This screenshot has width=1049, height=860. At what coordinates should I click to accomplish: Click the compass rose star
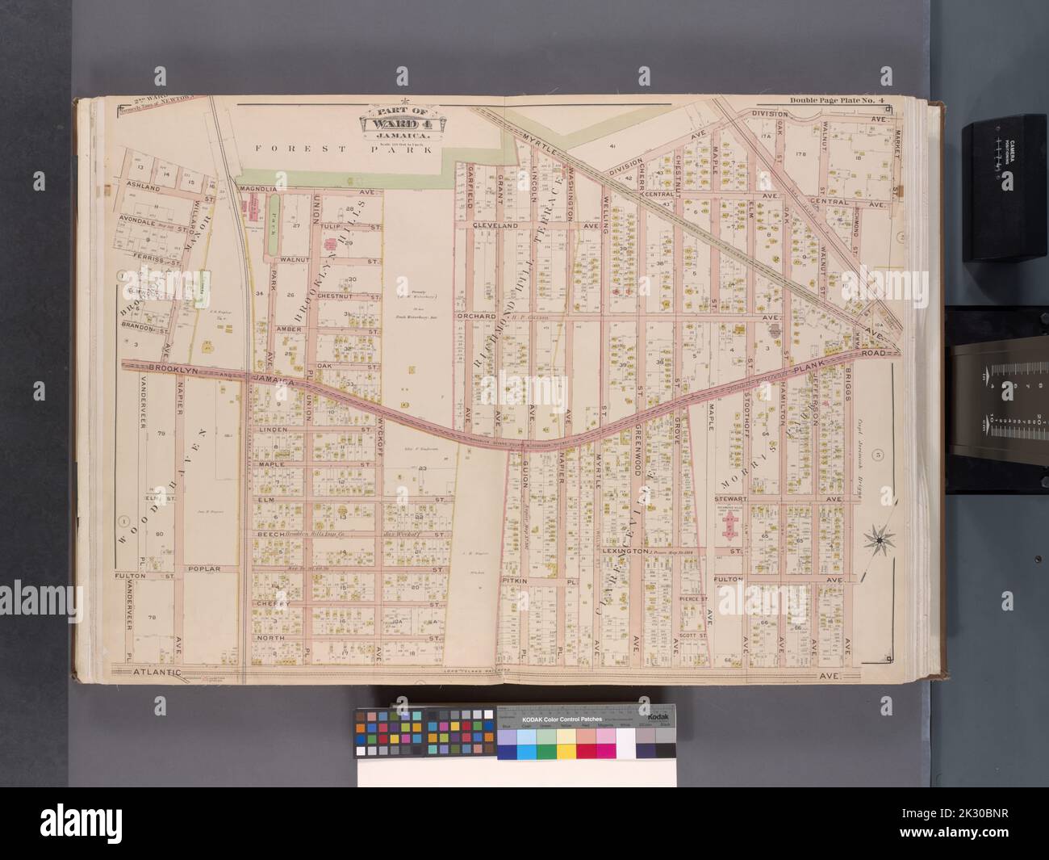coord(876,539)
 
